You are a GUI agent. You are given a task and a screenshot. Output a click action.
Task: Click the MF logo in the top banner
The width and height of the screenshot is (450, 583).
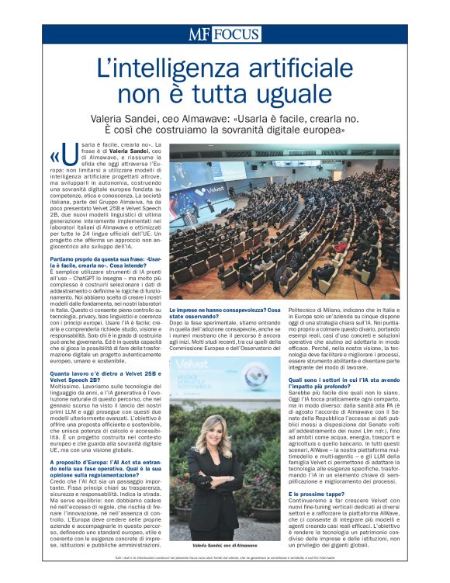pos(199,34)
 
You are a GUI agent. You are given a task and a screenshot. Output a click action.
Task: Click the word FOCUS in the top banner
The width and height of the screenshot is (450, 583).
pos(236,34)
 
